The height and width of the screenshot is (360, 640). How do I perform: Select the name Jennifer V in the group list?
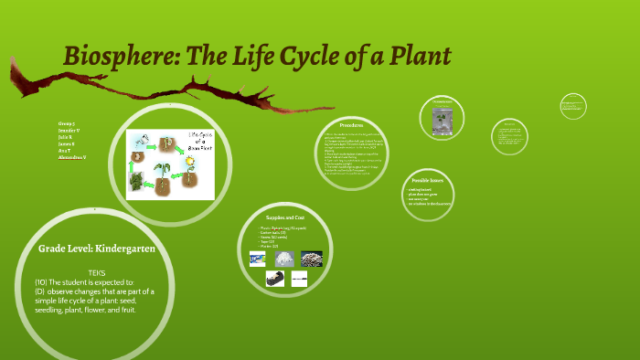point(69,132)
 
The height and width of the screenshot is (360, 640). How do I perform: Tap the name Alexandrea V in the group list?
point(72,158)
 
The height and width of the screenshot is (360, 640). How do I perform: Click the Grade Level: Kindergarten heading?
point(97,249)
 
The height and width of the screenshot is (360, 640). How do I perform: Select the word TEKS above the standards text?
point(97,272)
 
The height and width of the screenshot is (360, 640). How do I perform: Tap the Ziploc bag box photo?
point(258,259)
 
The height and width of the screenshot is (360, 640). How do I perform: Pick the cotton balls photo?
point(284,259)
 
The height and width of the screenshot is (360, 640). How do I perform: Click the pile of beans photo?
point(311,259)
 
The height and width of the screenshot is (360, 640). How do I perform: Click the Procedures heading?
point(352,125)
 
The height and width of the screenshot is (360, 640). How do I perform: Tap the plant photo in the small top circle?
point(443,120)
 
